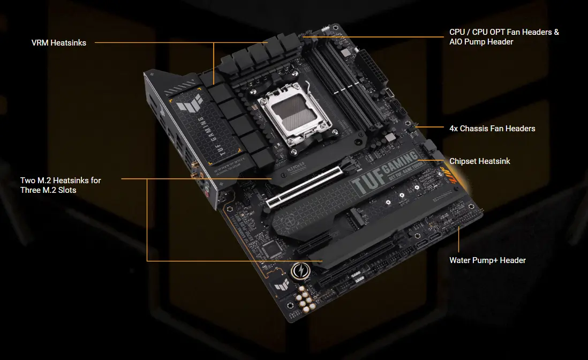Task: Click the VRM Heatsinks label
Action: point(58,43)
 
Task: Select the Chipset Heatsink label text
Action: point(479,161)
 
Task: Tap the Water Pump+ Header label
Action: point(487,260)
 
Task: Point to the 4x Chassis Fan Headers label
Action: point(492,129)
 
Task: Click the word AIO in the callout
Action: point(456,42)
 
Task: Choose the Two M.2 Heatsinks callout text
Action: point(61,185)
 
